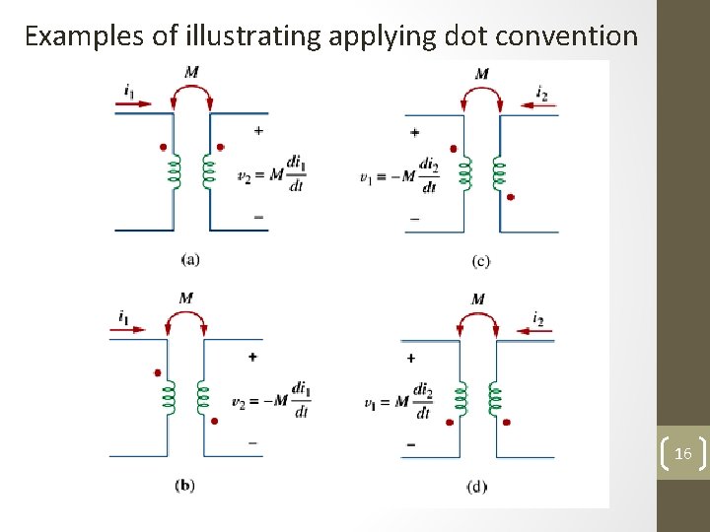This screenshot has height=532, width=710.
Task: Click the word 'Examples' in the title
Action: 80,36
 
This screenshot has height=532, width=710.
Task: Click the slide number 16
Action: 683,453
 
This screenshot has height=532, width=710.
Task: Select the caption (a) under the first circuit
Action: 190,259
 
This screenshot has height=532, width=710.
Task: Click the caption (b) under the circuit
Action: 184,486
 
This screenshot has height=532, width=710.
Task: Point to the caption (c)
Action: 481,261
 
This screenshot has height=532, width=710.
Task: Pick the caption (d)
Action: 477,487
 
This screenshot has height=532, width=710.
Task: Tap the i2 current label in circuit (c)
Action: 541,93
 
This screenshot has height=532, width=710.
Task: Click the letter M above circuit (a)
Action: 190,71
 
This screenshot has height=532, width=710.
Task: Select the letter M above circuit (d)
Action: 478,299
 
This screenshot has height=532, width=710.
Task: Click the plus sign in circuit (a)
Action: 258,130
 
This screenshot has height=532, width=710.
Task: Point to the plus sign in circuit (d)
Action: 410,358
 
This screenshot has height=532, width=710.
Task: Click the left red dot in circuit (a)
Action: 163,147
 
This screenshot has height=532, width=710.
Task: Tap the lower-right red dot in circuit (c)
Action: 511,197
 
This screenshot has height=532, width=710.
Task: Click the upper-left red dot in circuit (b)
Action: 157,372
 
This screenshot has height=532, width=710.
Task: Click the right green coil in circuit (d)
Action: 495,398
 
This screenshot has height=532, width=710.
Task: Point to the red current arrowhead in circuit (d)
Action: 520,330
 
